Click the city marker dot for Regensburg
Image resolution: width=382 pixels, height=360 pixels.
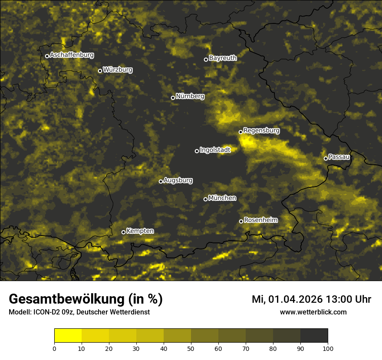pyautogui.click(x=240, y=132)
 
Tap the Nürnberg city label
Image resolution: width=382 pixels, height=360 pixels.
pyautogui.click(x=190, y=96)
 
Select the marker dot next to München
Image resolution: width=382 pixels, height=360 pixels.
pyautogui.click(x=206, y=200)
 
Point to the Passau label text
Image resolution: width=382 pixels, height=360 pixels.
pyautogui.click(x=339, y=157)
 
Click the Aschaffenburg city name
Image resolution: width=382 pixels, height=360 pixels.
pyautogui.click(x=72, y=55)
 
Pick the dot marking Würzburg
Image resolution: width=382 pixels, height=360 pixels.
pyautogui.click(x=100, y=71)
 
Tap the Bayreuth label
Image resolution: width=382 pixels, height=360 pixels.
pyautogui.click(x=223, y=58)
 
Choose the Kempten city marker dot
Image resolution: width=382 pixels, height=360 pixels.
pyautogui.click(x=123, y=232)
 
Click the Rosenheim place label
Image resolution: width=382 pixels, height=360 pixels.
pyautogui.click(x=260, y=220)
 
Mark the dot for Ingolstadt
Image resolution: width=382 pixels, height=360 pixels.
pyautogui.click(x=197, y=151)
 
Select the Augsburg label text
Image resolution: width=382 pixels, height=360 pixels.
pyautogui.click(x=178, y=180)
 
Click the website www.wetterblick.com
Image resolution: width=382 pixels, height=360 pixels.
pyautogui.click(x=313, y=312)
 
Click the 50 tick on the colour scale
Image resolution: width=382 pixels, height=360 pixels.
pyautogui.click(x=191, y=348)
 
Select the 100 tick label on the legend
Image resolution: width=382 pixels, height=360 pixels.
pyautogui.click(x=328, y=348)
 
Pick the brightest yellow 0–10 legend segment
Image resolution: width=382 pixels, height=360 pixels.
pyautogui.click(x=68, y=336)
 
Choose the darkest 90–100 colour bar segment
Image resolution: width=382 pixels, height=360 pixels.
pyautogui.click(x=314, y=336)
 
